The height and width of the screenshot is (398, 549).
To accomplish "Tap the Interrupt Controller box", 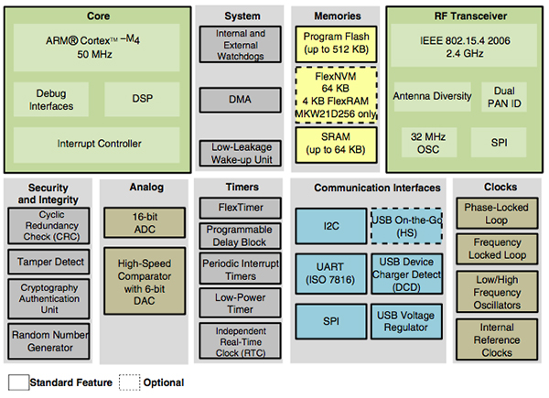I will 99,144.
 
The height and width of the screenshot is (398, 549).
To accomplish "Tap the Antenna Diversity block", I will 432,95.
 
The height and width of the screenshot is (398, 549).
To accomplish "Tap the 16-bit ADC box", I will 145,221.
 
